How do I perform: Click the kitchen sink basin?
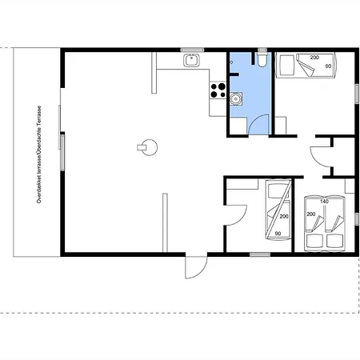(191, 60)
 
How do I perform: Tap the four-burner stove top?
(218, 90)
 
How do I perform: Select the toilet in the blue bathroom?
(262, 59)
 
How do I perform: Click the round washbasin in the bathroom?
(236, 98)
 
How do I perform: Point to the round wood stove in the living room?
(147, 147)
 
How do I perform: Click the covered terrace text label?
(39, 154)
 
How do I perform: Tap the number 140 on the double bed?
(324, 202)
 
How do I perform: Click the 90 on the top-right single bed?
(328, 66)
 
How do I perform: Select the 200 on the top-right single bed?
(314, 58)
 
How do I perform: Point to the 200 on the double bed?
(311, 214)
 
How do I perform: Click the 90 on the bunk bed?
(278, 234)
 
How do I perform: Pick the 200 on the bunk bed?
(284, 217)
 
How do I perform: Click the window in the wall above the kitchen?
(192, 50)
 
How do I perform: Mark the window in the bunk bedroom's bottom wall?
(260, 254)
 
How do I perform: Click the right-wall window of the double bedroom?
(357, 219)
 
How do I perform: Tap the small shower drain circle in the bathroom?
(231, 62)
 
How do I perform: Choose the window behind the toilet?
(262, 50)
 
